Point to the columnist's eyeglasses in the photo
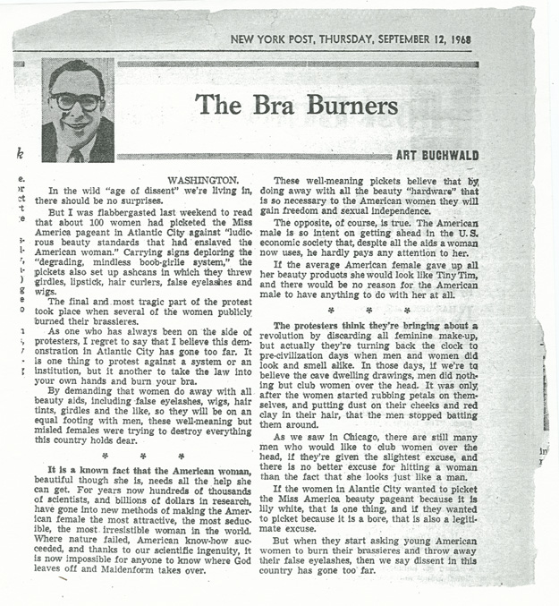pyautogui.click(x=76, y=100)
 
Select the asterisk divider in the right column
pyautogui.click(x=368, y=310)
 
